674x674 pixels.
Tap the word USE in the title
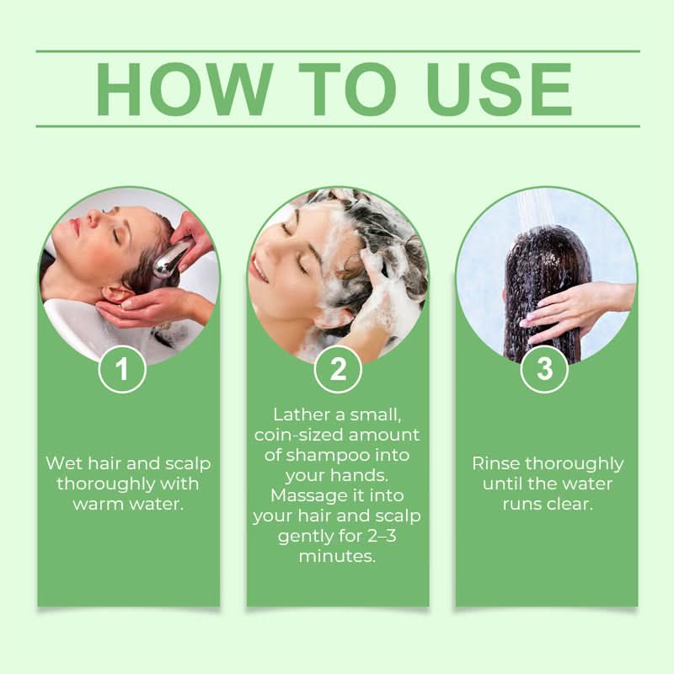(493, 88)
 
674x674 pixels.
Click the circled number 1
(123, 369)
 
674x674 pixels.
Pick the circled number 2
(337, 369)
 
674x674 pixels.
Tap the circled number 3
(544, 369)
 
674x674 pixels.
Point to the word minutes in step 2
(337, 557)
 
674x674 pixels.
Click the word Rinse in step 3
(496, 463)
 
